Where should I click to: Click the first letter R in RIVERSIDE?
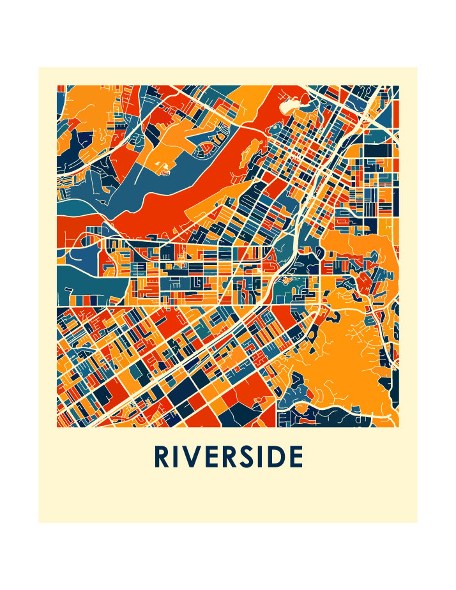tap(161, 457)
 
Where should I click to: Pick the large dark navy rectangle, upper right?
tap(378, 150)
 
